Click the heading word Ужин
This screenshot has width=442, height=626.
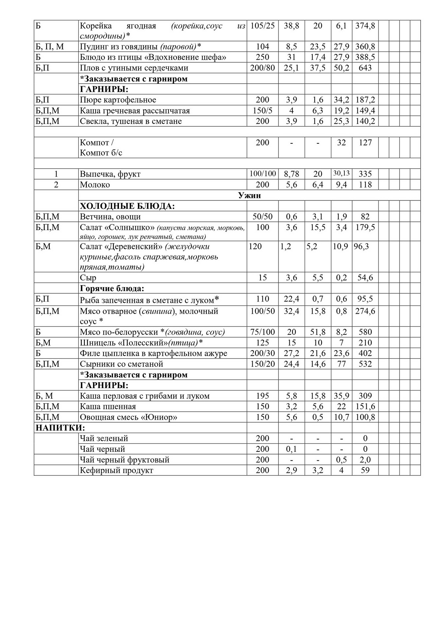tap(249, 196)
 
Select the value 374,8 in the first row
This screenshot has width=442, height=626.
tap(365, 26)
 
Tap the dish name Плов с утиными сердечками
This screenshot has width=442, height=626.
tap(134, 68)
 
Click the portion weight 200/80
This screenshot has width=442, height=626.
tap(262, 68)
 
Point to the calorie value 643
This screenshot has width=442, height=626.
tap(365, 68)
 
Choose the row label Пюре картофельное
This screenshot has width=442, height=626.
tap(118, 100)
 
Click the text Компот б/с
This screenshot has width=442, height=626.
tap(101, 153)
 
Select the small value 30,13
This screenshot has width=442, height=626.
tap(341, 173)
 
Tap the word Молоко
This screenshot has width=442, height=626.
tap(95, 185)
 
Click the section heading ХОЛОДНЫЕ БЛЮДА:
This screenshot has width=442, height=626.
tap(127, 206)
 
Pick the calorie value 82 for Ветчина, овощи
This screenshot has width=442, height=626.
tap(365, 217)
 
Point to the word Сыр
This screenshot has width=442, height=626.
tap(88, 278)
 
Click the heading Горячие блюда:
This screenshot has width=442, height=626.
tap(112, 288)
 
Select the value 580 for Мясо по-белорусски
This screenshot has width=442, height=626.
tap(365, 332)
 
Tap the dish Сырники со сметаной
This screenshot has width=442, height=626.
tap(122, 364)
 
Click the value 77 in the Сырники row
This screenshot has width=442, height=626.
tap(341, 364)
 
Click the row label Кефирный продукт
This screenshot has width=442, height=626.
tap(117, 470)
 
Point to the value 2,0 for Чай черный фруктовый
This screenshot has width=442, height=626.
tap(365, 460)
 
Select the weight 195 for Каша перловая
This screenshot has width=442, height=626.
tap(262, 396)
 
